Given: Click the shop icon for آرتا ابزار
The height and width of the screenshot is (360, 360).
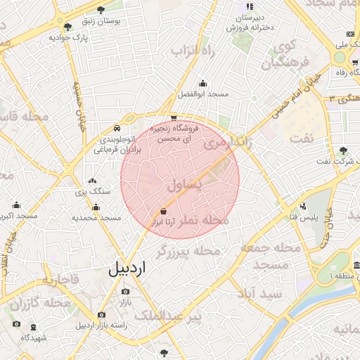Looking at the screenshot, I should pyautogui.click(x=164, y=211).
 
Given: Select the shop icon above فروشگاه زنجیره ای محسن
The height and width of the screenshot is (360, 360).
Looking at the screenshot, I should pyautogui.click(x=174, y=118).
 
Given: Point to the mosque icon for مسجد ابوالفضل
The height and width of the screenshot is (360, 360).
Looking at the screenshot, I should pyautogui.click(x=203, y=83).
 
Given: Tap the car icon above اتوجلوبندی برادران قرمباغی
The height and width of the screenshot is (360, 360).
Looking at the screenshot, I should pyautogui.click(x=117, y=129).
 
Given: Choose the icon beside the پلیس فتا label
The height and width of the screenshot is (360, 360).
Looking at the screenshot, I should pyautogui.click(x=303, y=206).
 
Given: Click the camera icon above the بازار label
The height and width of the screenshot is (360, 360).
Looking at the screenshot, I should pyautogui.click(x=125, y=291).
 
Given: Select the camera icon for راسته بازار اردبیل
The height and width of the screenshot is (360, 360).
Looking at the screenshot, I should pyautogui.click(x=101, y=314).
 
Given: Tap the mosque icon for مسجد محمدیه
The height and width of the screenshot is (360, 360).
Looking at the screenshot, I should pyautogui.click(x=96, y=207).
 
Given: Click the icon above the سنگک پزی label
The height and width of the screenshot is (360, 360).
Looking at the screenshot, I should pyautogui.click(x=93, y=181).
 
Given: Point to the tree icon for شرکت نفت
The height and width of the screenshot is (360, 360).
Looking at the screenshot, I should pyautogui.click(x=343, y=150).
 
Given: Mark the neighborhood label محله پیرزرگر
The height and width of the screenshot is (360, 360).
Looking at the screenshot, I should pyautogui.click(x=188, y=250).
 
